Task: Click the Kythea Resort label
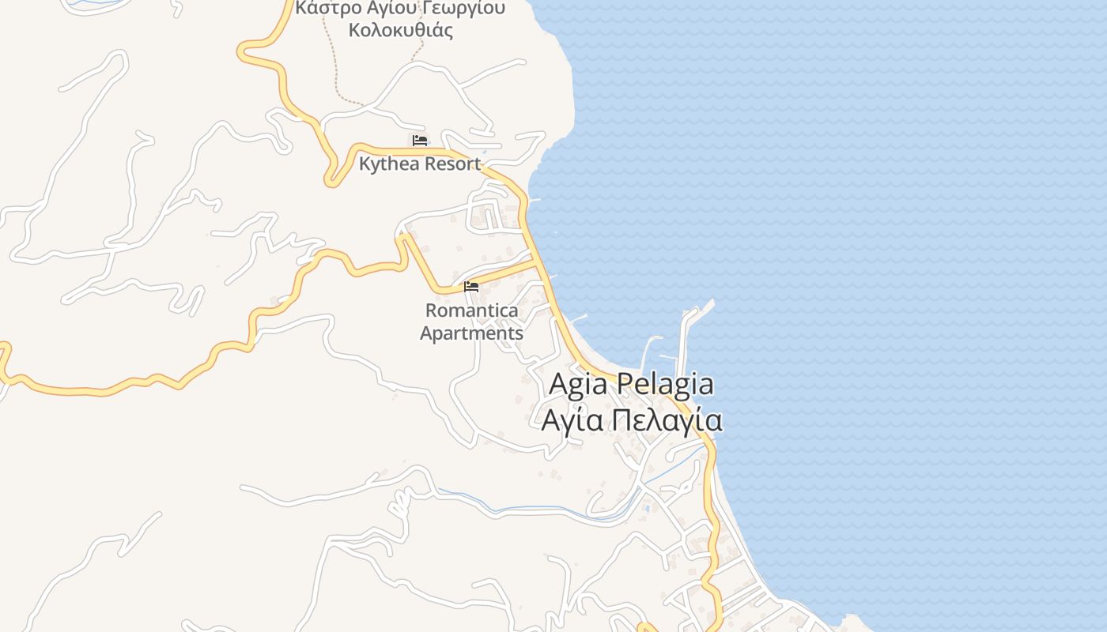(419, 164)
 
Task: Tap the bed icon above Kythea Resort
(420, 141)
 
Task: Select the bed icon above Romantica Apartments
(471, 286)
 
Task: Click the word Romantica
(471, 310)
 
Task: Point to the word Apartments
(471, 333)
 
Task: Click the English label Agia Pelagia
(631, 385)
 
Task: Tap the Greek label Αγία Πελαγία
(631, 420)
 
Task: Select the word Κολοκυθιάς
(401, 32)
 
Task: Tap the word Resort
(451, 164)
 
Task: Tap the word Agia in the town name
(578, 385)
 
